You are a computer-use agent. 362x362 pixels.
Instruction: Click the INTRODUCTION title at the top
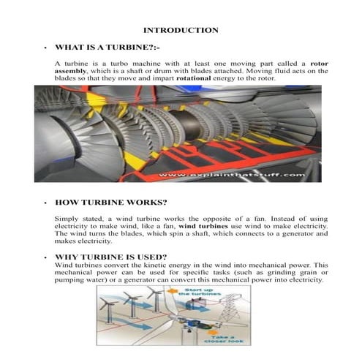180,30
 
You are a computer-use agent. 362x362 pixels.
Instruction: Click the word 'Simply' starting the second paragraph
67,219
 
